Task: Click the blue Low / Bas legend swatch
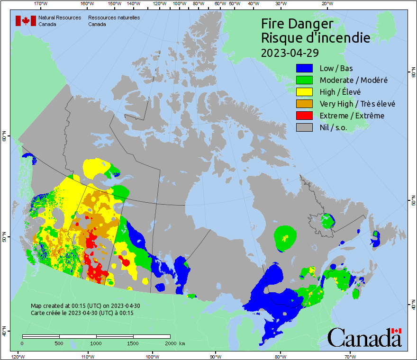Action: (x=304, y=69)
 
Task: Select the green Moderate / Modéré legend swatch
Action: (x=304, y=81)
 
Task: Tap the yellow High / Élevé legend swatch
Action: (x=304, y=92)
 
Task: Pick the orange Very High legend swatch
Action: (x=304, y=104)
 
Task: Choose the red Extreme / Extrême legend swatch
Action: (x=304, y=116)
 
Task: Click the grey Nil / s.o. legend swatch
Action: (x=304, y=127)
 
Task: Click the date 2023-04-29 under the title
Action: (x=290, y=52)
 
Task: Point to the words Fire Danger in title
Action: (x=297, y=24)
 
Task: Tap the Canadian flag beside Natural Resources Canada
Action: (x=26, y=21)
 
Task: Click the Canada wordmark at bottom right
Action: (x=364, y=338)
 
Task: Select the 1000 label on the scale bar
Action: (x=96, y=343)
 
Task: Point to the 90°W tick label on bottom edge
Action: (x=215, y=356)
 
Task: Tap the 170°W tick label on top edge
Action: (x=41, y=4)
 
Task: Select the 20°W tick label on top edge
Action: (x=326, y=4)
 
